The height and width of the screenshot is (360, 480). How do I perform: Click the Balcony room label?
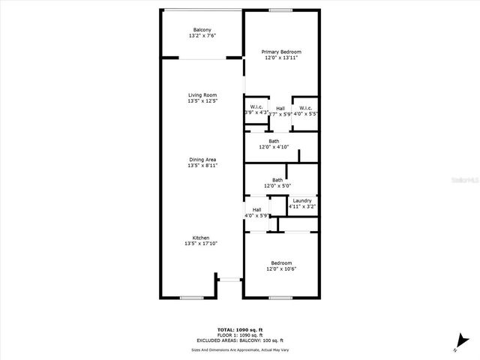tap(202, 29)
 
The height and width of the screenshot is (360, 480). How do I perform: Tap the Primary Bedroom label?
tap(280, 51)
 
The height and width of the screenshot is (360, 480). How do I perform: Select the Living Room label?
tap(202, 95)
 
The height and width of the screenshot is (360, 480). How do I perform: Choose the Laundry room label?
tap(302, 200)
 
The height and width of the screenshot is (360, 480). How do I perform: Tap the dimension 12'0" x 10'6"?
tap(280, 269)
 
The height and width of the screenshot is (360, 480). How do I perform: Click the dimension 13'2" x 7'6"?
tap(202, 35)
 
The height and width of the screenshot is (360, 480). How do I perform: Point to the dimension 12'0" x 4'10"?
tap(274, 147)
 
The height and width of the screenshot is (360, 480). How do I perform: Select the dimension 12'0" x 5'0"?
tap(277, 186)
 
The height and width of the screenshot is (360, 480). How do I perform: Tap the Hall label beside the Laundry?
tap(256, 209)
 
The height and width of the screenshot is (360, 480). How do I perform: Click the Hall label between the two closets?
tap(280, 108)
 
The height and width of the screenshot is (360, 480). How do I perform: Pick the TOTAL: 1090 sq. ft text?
tap(239, 330)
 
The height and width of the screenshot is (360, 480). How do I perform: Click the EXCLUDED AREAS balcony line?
tap(239, 340)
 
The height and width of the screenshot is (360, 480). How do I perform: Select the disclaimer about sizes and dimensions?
tap(239, 349)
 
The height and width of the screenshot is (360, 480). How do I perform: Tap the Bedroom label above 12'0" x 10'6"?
tap(280, 263)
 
